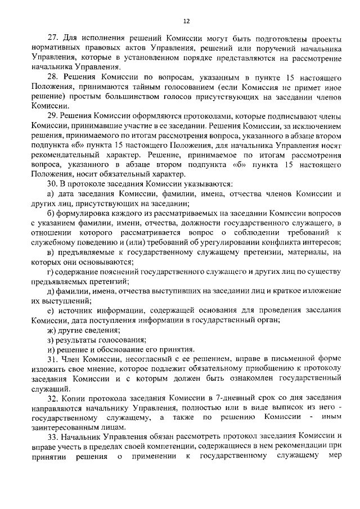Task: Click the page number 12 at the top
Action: pos(186,21)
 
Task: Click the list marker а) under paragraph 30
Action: pos(51,194)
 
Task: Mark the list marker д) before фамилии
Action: pos(51,290)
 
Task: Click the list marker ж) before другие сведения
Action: pos(51,330)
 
